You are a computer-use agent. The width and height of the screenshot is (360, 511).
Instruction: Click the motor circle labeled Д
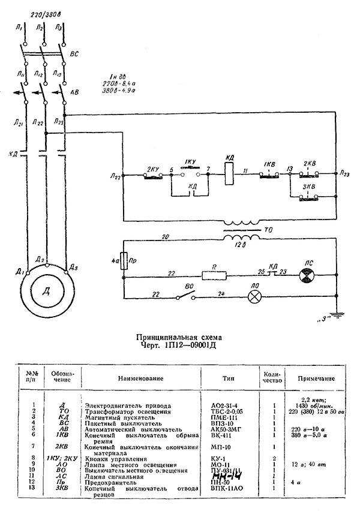coord(44,291)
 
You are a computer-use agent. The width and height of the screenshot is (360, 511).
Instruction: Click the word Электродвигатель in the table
coord(113,406)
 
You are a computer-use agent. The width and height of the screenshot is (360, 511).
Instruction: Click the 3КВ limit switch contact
coord(308,198)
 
